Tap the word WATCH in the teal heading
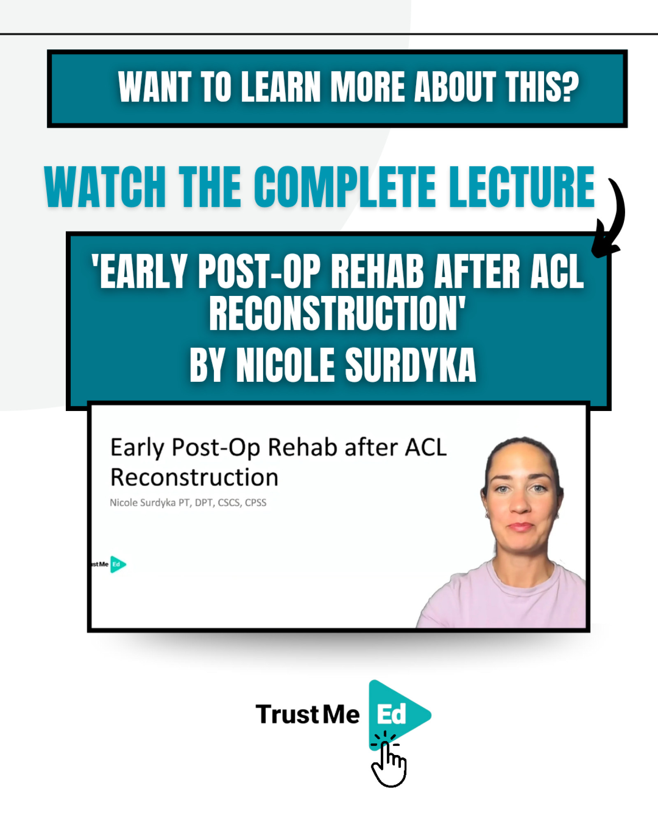[105, 187]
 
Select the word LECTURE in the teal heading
[521, 187]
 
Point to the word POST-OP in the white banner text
[259, 271]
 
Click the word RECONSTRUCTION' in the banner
[337, 313]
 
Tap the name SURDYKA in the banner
[410, 365]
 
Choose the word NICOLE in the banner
[285, 365]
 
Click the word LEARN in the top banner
[281, 87]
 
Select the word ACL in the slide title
[426, 447]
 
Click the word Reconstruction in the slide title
[194, 478]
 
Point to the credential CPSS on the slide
[255, 503]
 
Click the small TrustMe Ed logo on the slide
[109, 564]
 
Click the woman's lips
[521, 526]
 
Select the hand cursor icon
[389, 763]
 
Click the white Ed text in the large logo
[392, 714]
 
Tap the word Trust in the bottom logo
[287, 714]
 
